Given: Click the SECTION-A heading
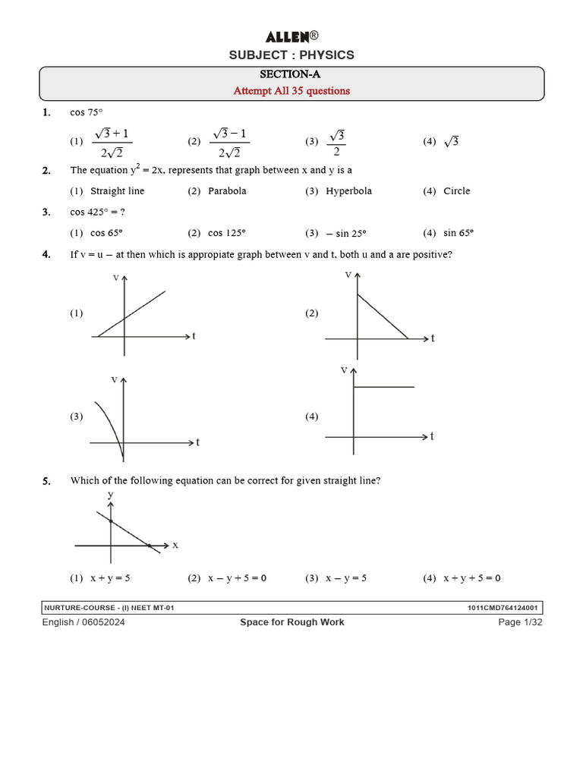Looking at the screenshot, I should [291, 74].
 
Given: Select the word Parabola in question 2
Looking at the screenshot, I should [227, 191].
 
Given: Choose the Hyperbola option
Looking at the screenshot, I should [348, 191].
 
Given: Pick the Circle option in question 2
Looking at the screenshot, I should [456, 191].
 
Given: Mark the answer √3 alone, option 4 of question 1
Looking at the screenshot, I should [452, 142].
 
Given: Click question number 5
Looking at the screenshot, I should [47, 481].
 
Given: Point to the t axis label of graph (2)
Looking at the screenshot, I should [433, 338].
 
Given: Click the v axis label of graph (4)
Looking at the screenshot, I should [344, 370].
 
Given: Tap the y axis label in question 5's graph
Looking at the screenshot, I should [111, 495].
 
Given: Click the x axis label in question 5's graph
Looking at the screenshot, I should [175, 545].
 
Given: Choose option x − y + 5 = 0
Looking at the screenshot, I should [237, 578].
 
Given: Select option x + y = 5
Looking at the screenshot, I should [110, 578].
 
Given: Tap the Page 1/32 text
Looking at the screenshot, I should [520, 622].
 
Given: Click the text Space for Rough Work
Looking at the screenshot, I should [291, 622].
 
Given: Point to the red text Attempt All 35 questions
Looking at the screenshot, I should [291, 91].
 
